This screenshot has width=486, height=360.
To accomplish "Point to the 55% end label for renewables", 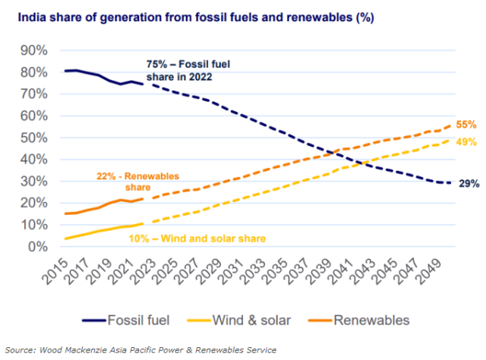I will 467,125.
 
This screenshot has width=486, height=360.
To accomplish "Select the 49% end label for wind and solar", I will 467,142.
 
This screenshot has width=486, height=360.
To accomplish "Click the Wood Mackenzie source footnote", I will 140,349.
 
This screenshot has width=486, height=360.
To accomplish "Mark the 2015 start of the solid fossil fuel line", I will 66,71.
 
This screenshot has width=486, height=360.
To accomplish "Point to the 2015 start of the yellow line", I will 66,238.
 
